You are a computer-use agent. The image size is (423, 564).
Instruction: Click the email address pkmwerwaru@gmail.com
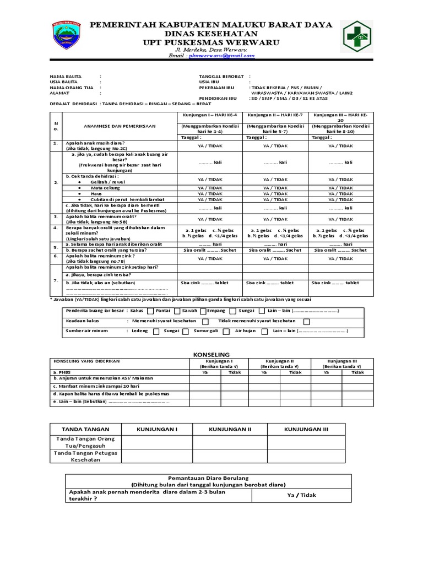(x=220, y=56)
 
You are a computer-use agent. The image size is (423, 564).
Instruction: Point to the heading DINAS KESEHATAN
(x=211, y=34)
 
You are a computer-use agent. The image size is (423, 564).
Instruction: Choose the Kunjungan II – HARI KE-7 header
(x=275, y=115)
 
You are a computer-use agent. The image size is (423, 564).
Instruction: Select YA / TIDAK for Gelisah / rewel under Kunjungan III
(x=340, y=180)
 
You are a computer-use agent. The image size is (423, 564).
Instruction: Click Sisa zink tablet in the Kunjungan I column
(x=204, y=283)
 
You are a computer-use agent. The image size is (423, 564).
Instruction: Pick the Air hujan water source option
(x=246, y=332)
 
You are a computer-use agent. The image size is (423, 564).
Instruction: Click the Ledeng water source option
(x=140, y=332)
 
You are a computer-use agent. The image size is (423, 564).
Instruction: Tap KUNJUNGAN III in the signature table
(x=306, y=429)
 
